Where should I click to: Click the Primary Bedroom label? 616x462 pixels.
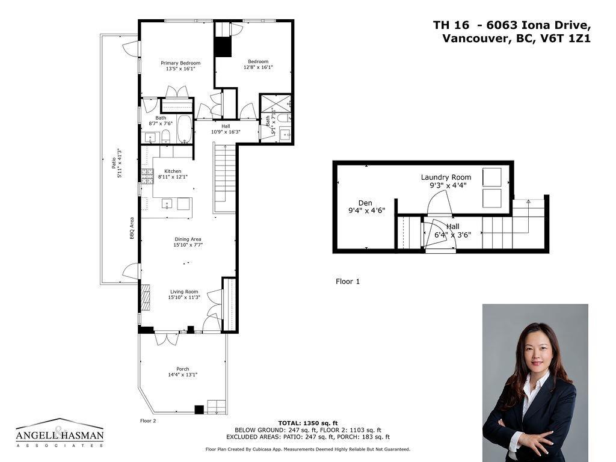point(180,63)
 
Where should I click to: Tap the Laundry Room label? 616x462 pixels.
point(446,177)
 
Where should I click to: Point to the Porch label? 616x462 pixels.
point(183,369)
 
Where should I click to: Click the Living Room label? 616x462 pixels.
point(184,292)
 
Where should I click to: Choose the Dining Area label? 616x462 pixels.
point(188,239)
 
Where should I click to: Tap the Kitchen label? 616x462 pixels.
point(173,171)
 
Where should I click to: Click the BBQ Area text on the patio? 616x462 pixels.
point(132,229)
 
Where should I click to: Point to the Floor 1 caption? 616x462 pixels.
point(348,281)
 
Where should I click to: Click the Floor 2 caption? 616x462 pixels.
point(148,420)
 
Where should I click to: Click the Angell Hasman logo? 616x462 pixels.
point(60,433)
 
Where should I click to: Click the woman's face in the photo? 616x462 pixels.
point(533,349)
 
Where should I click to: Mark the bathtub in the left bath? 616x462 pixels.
point(184,129)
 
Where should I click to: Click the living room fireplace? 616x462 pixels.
point(144,297)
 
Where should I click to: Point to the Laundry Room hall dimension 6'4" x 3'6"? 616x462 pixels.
point(453,235)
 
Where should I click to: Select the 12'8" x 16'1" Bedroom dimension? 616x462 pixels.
point(258,67)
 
